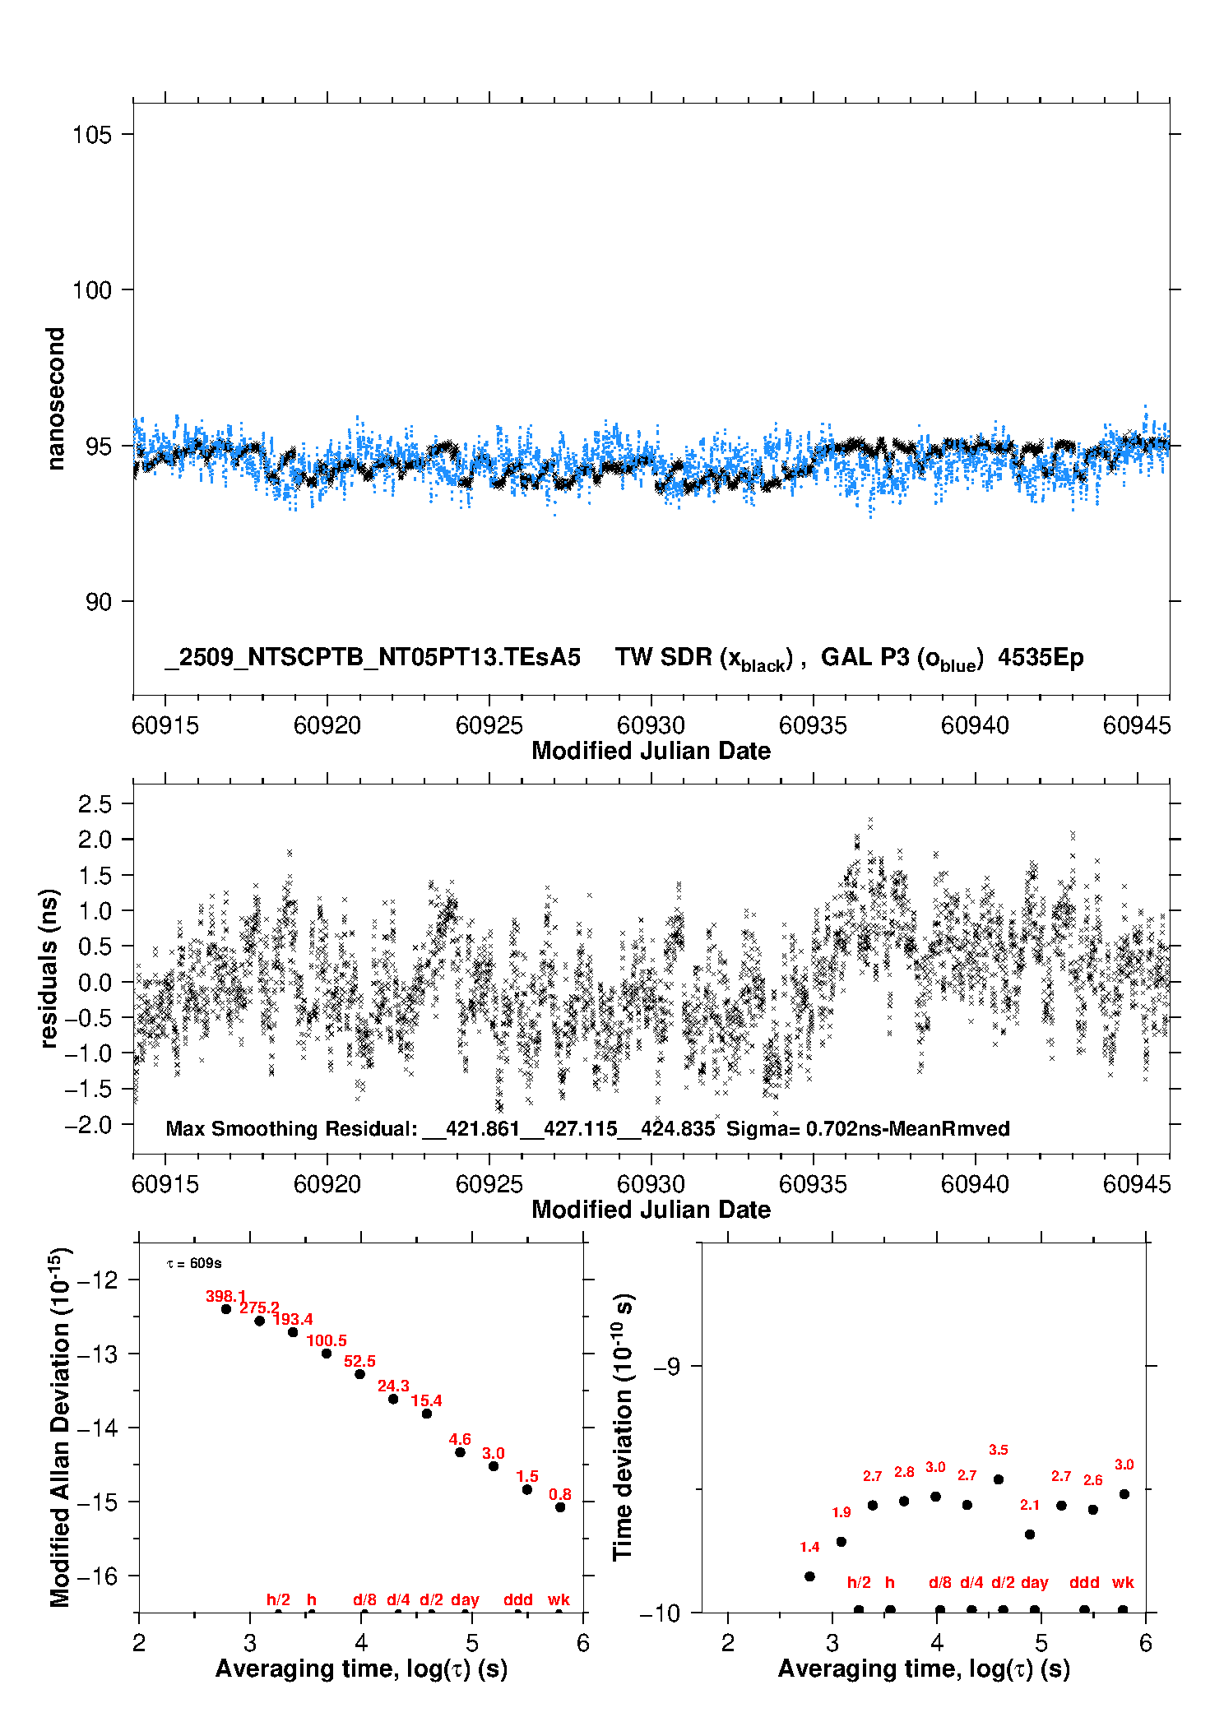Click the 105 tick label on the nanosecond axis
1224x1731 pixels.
pyautogui.click(x=91, y=135)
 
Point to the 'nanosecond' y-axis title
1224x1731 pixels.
pyautogui.click(x=55, y=399)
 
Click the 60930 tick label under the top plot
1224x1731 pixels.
pyautogui.click(x=651, y=725)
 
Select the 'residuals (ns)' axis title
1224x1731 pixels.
pyautogui.click(x=49, y=968)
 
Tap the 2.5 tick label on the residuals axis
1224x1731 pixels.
pyautogui.click(x=95, y=804)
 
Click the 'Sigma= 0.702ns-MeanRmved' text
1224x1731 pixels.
pyautogui.click(x=868, y=1128)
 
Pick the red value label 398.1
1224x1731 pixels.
pyautogui.click(x=225, y=1296)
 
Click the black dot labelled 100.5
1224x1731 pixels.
pyautogui.click(x=327, y=1354)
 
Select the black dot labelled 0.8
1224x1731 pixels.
pyautogui.click(x=560, y=1507)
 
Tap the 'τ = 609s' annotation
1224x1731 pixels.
pyautogui.click(x=194, y=1263)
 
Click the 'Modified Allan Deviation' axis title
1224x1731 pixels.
pyautogui.click(x=59, y=1427)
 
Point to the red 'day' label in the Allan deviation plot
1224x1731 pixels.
pyautogui.click(x=465, y=1599)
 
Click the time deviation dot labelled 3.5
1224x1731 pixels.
pyautogui.click(x=999, y=1479)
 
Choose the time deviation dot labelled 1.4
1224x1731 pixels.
pyautogui.click(x=809, y=1576)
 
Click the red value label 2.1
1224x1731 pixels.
pyautogui.click(x=1030, y=1505)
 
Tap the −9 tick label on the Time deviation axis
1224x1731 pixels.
pyautogui.click(x=668, y=1366)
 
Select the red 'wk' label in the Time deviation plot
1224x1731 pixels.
pyautogui.click(x=1123, y=1582)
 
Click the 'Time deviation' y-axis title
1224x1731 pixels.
pyautogui.click(x=623, y=1427)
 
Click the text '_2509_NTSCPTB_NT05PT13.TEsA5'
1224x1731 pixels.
pyautogui.click(x=373, y=657)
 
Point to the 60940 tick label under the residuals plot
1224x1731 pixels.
pyautogui.click(x=975, y=1184)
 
